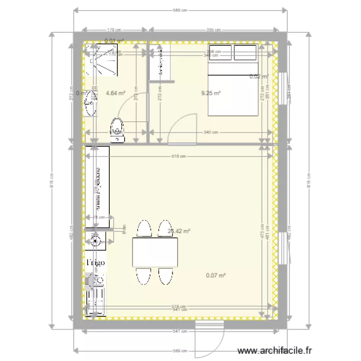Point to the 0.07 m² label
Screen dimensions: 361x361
216,276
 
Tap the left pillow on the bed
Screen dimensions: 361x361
220,53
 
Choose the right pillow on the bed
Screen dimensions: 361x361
245,53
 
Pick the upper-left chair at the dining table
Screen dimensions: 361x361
143,229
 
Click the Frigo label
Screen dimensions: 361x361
95,263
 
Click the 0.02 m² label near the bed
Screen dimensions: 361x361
258,77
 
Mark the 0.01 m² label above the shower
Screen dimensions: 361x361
115,41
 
